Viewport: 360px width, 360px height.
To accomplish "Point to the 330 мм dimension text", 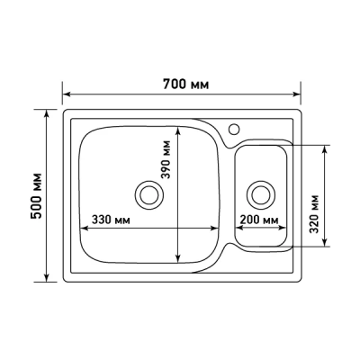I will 112,220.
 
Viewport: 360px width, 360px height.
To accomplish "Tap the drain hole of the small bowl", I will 261,193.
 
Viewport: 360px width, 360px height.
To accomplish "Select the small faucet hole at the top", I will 236,128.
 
